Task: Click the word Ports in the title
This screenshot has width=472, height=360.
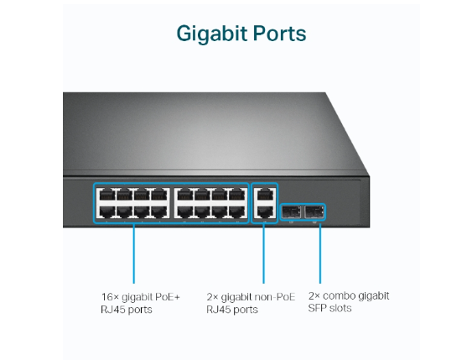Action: [278, 34]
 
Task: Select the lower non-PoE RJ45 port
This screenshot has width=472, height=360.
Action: [264, 211]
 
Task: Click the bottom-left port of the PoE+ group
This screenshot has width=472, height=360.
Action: [106, 211]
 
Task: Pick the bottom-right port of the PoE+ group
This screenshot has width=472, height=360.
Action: [237, 211]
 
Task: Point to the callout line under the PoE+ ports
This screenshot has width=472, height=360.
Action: [134, 252]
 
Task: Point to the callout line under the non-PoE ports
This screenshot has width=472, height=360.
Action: [264, 252]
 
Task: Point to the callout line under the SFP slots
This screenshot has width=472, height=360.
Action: [319, 252]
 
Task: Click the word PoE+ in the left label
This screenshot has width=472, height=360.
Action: [167, 297]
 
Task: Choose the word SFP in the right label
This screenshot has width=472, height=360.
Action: [318, 309]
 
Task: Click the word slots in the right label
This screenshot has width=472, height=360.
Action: [341, 309]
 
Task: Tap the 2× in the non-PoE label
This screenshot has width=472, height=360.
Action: [212, 297]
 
